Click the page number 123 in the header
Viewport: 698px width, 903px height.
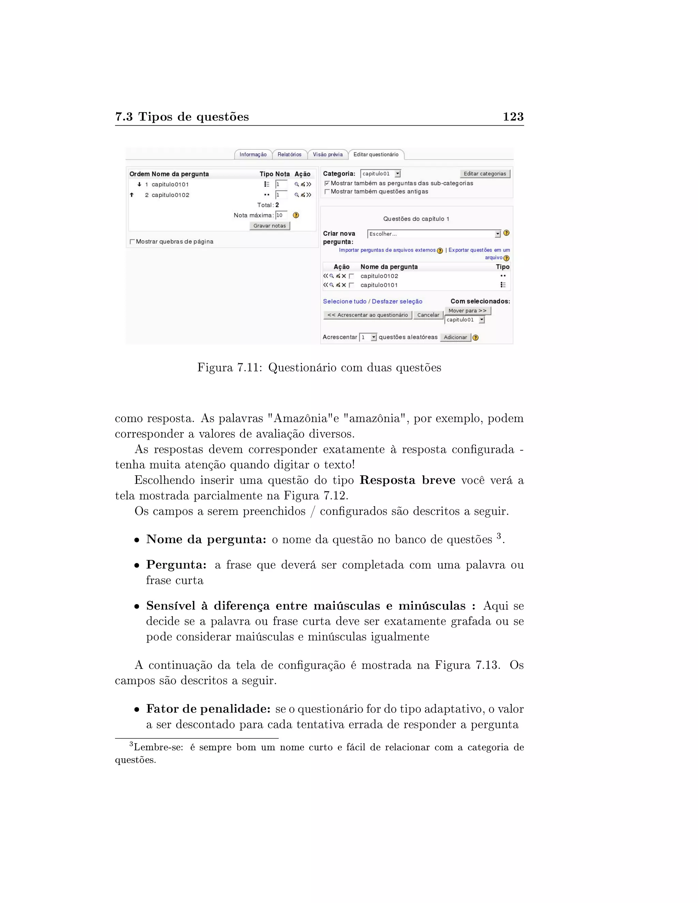513,117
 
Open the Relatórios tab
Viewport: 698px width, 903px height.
289,155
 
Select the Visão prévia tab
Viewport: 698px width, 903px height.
328,155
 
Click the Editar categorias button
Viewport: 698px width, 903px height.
485,174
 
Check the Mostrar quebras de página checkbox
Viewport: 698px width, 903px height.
132,242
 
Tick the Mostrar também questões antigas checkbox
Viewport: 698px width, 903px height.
327,192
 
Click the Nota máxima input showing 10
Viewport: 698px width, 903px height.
281,215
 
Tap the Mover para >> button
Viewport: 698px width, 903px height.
467,310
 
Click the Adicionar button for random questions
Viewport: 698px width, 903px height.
455,337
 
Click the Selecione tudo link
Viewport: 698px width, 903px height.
345,302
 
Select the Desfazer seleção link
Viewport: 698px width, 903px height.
397,302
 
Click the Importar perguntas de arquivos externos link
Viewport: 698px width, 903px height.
387,250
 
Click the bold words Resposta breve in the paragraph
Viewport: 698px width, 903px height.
407,480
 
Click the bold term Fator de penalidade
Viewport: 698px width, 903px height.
208,709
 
